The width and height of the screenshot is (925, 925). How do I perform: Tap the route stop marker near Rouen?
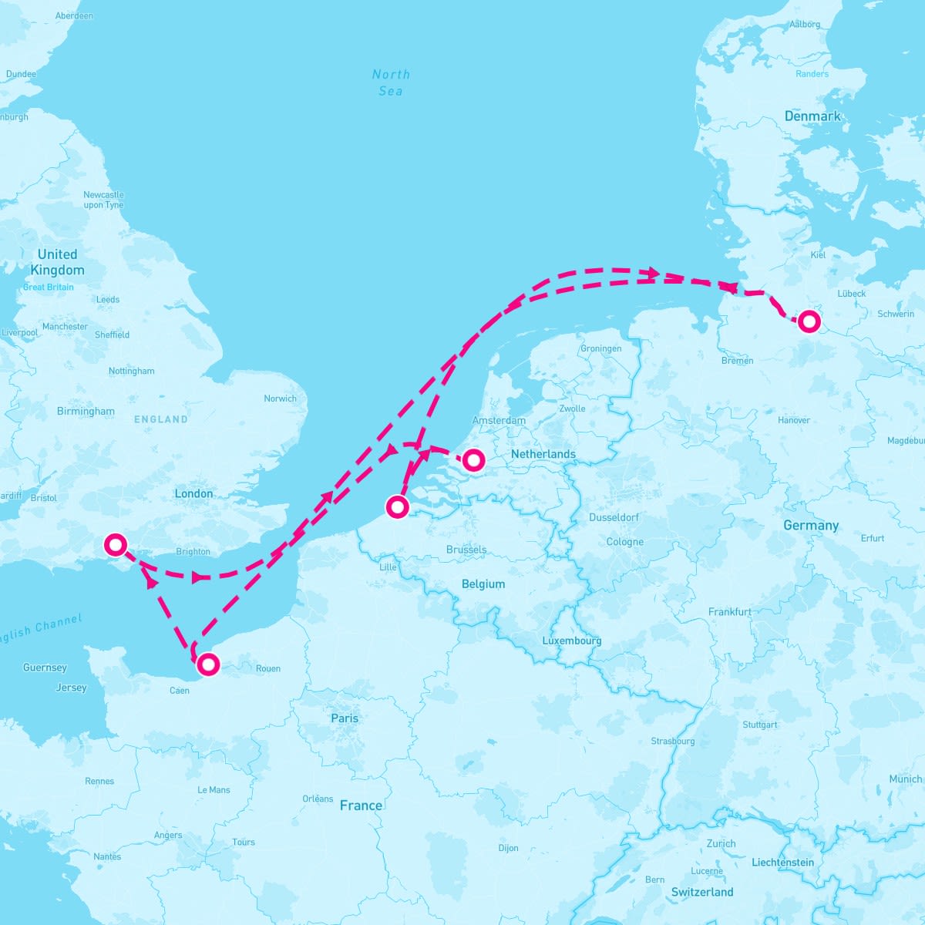point(207,664)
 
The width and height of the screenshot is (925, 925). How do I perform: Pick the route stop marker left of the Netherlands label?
point(473,460)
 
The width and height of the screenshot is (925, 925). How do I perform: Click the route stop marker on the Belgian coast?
point(397,506)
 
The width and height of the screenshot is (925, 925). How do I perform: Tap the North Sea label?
point(391,82)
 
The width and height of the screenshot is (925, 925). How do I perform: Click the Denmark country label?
point(812,116)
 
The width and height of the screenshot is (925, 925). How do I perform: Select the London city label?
point(193,493)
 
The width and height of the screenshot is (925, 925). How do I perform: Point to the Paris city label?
point(345,718)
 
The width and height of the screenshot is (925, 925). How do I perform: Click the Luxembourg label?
point(571,641)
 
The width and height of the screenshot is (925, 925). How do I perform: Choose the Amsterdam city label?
point(499,421)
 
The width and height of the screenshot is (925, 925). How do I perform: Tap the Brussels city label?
point(466,550)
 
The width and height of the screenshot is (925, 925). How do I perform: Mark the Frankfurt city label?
point(729,612)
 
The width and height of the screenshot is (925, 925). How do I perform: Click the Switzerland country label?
point(702,892)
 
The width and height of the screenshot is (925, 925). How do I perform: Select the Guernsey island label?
point(45,668)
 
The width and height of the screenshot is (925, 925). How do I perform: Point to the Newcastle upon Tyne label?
point(103,200)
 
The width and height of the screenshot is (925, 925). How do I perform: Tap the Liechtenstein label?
point(782,863)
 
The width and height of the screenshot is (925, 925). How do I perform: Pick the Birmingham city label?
point(86,411)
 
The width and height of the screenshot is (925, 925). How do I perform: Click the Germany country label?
point(811,526)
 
